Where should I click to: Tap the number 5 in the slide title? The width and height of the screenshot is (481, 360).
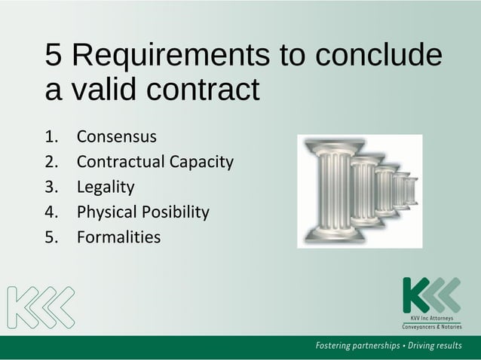click(54, 55)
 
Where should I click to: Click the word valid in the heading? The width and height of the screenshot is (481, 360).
click(104, 90)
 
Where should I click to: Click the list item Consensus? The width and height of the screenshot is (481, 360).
click(116, 137)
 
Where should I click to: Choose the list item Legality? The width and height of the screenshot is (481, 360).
click(106, 188)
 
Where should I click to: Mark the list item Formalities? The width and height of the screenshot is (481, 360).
click(118, 237)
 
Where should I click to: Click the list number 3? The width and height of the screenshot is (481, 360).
click(51, 188)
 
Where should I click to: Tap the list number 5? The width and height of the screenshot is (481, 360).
click(51, 237)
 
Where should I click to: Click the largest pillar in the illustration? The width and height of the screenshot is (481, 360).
click(332, 191)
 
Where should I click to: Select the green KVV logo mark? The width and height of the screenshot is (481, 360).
click(430, 294)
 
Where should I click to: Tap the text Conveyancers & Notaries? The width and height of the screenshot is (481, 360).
click(431, 325)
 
